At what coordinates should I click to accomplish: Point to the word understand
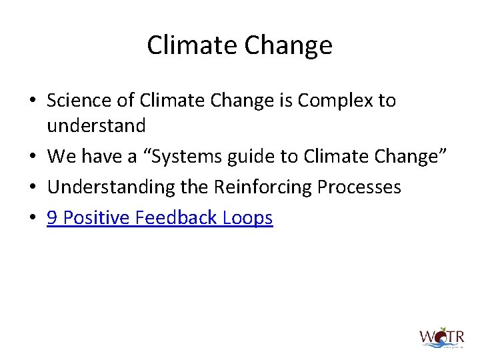click(96, 125)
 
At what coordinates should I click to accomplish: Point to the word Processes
click(359, 187)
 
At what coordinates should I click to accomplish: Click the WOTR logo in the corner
click(441, 337)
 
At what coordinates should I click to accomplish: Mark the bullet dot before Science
click(33, 101)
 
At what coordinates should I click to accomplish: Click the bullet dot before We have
click(33, 157)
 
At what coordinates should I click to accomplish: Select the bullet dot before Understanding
click(33, 187)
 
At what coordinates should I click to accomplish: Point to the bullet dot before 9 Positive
click(33, 219)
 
